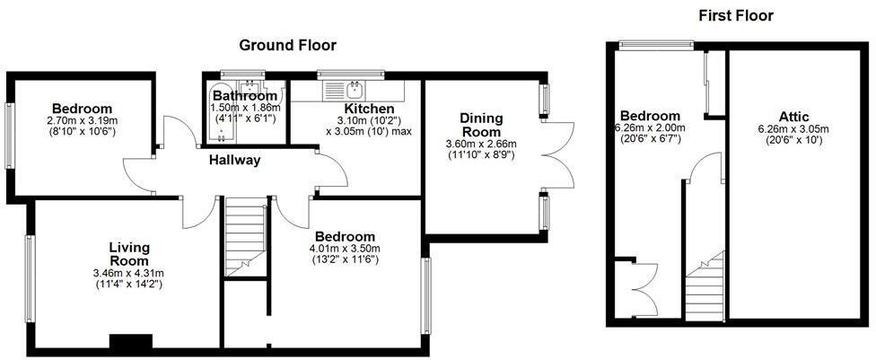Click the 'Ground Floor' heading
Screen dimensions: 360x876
click(286, 45)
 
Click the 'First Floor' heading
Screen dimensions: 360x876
click(735, 15)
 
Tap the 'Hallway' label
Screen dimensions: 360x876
click(234, 161)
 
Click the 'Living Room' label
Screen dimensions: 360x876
click(129, 254)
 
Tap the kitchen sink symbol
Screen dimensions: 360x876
click(353, 89)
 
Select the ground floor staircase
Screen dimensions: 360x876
click(245, 236)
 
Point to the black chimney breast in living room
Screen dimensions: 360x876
click(130, 342)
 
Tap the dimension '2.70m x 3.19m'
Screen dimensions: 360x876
click(82, 120)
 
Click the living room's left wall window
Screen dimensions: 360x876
click(30, 278)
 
